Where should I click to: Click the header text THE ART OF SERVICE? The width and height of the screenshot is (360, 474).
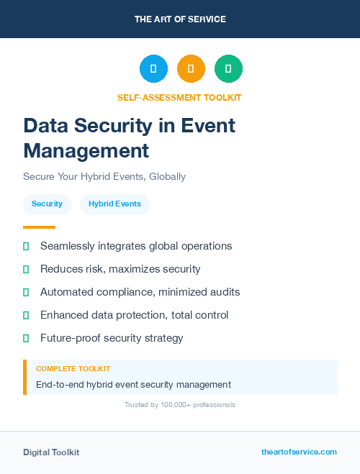click(x=180, y=19)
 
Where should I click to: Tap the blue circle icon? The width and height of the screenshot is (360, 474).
click(x=153, y=68)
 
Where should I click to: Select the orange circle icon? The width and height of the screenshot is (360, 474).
click(x=191, y=68)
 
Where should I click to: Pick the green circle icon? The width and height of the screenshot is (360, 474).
click(x=228, y=68)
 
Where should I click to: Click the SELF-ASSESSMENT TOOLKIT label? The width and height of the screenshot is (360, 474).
click(x=179, y=97)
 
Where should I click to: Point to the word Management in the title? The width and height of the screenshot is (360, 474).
click(x=86, y=151)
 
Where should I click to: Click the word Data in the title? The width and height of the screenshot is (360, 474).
click(x=45, y=126)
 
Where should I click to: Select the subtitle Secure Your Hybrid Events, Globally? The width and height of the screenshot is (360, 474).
click(x=104, y=176)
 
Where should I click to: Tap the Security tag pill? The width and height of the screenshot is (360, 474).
click(x=48, y=204)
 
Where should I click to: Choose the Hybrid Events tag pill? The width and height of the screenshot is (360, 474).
click(x=114, y=204)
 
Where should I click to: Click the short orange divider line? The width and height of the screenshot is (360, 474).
click(x=39, y=227)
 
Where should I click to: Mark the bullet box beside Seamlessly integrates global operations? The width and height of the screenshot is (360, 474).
click(x=26, y=246)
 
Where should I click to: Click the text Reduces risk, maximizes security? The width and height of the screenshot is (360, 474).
click(x=120, y=269)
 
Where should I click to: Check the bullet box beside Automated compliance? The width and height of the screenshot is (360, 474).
click(x=26, y=292)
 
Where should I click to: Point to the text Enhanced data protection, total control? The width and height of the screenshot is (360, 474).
click(x=134, y=315)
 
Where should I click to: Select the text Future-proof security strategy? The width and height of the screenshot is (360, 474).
click(x=112, y=338)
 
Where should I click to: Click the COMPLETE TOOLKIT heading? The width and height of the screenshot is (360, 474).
click(x=73, y=368)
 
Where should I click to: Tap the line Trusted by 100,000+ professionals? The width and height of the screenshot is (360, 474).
click(x=180, y=405)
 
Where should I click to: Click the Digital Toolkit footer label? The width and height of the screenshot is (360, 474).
click(x=51, y=452)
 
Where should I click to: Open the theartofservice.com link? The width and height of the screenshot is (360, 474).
click(x=299, y=452)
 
